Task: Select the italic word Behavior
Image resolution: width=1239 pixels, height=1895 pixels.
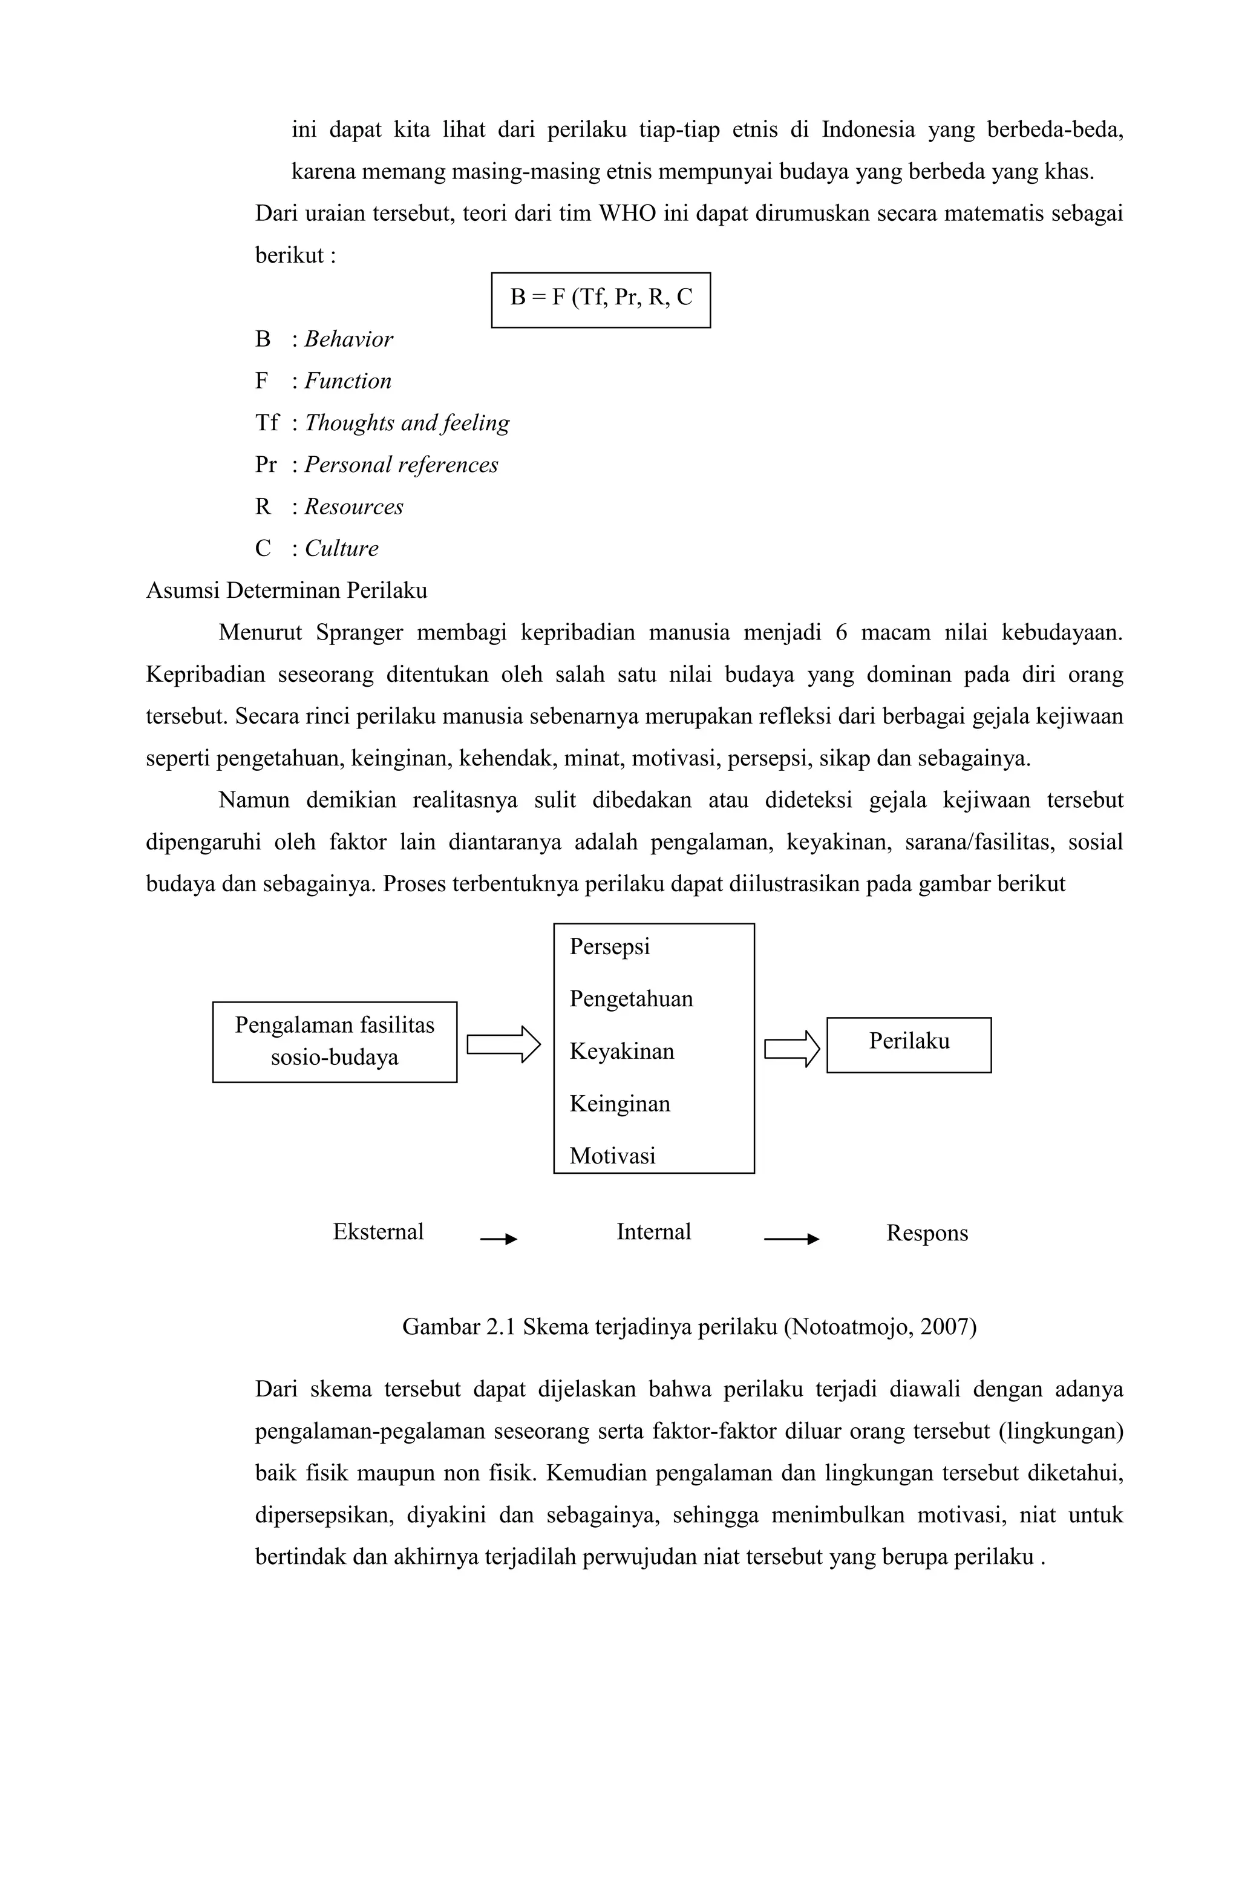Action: click(348, 339)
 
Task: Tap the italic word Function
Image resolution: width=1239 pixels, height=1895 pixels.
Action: click(347, 381)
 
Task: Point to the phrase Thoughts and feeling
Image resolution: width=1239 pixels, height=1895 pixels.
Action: click(406, 423)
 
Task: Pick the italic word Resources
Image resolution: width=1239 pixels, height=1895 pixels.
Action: click(353, 507)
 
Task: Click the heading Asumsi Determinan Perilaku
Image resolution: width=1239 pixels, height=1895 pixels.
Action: click(287, 591)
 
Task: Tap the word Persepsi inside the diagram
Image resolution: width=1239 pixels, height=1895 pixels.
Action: click(609, 947)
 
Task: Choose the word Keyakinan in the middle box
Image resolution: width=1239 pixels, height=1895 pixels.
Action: click(621, 1052)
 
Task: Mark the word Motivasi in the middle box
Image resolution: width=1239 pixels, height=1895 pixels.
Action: click(612, 1156)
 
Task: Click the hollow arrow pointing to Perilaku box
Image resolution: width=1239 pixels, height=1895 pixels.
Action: click(791, 1049)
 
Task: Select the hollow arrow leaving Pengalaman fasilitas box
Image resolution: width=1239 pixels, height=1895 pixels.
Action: click(503, 1044)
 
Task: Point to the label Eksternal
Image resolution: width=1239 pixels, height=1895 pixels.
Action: click(378, 1232)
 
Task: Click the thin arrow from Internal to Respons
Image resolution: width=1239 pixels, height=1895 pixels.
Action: click(790, 1239)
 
